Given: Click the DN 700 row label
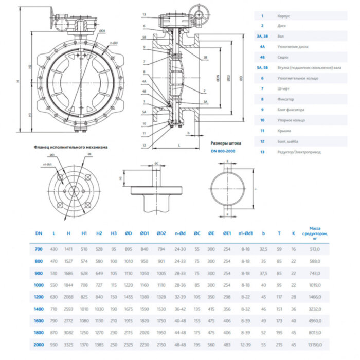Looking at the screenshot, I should coord(39,249).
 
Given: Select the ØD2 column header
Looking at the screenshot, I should coord(162,233).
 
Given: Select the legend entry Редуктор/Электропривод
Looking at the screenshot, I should coord(298,152).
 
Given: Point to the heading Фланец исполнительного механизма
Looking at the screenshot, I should coord(70,147).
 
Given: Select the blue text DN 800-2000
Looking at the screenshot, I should coord(224,151).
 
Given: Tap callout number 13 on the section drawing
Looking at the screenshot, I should coord(145,14).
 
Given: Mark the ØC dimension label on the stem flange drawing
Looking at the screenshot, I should coord(156,164).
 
